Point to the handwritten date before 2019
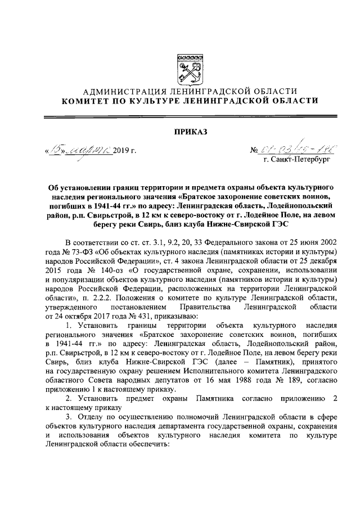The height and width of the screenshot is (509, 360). point(79,150)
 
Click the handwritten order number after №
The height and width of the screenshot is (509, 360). point(298,150)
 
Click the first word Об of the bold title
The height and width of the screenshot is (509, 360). point(52,186)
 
